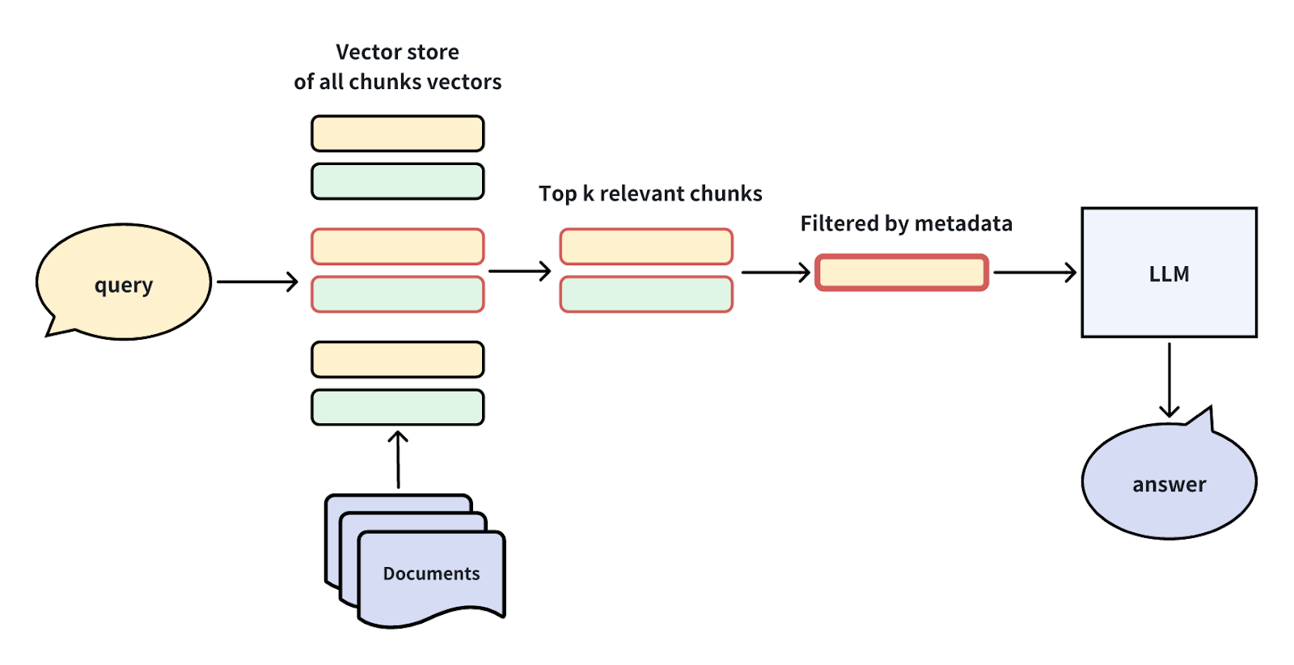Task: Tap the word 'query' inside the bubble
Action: (123, 286)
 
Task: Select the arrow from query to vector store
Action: (257, 282)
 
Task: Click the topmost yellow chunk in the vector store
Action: (397, 133)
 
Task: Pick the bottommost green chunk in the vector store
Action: (397, 408)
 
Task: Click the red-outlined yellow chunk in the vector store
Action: (397, 247)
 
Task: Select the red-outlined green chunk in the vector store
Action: (397, 294)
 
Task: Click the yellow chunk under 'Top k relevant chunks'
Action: (646, 247)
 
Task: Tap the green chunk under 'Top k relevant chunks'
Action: (646, 294)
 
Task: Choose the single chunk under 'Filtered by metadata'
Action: (902, 273)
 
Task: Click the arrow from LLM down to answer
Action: (1169, 380)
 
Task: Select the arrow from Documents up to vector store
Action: (397, 460)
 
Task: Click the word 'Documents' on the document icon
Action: (431, 574)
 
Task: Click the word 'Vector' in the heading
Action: (363, 53)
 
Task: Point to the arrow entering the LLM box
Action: (1034, 273)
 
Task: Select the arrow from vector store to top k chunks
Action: (519, 271)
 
